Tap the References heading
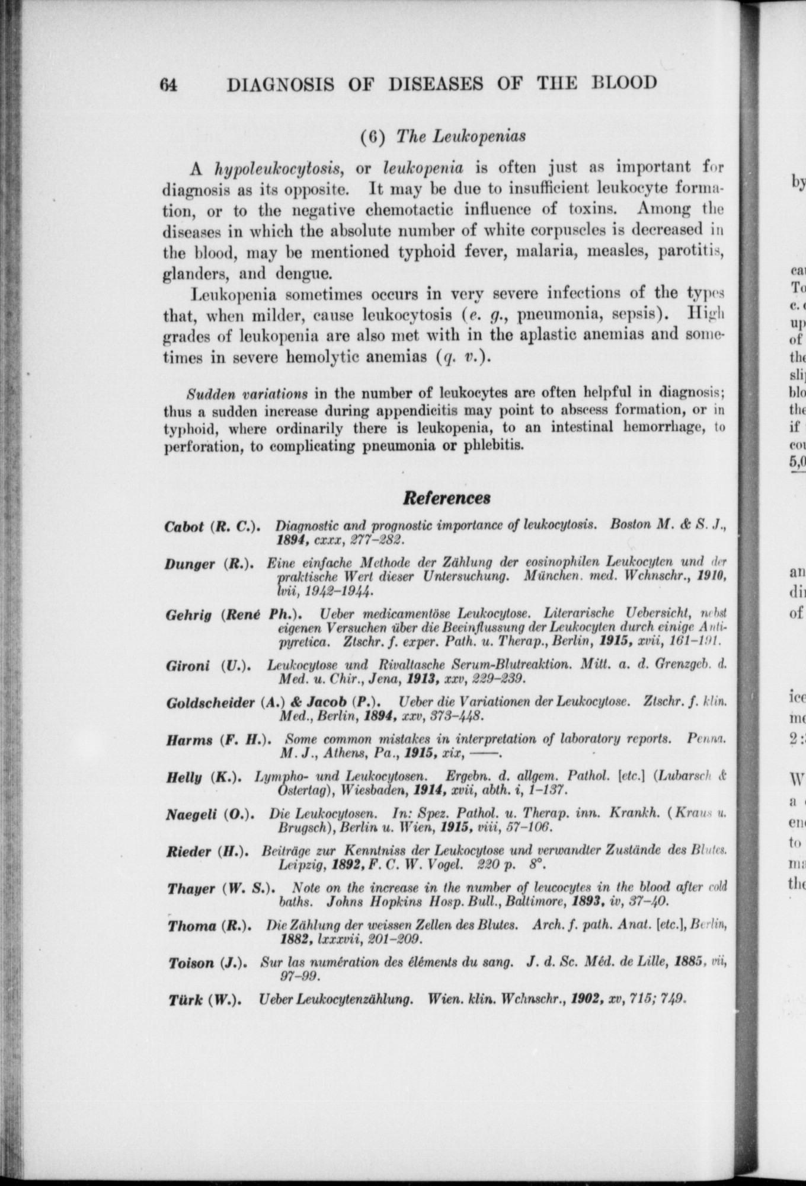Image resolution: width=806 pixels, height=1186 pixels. pyautogui.click(x=446, y=497)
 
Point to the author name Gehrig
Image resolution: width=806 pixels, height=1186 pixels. pyautogui.click(x=188, y=615)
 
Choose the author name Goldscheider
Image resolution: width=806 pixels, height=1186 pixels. pyautogui.click(x=210, y=703)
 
